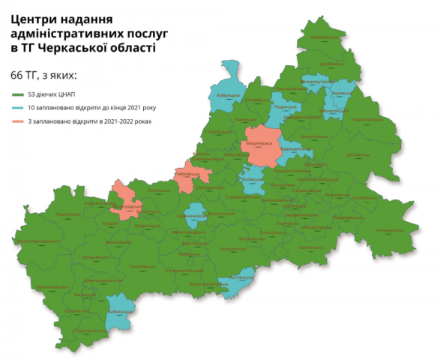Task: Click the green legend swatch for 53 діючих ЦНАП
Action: click(x=17, y=95)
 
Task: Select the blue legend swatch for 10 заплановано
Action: click(x=17, y=108)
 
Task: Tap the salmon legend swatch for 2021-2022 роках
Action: click(x=17, y=121)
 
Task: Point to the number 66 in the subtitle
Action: click(x=18, y=75)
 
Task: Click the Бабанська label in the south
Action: click(x=119, y=308)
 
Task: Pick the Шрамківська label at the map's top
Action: click(x=325, y=37)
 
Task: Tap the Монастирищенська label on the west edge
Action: click(x=37, y=241)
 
